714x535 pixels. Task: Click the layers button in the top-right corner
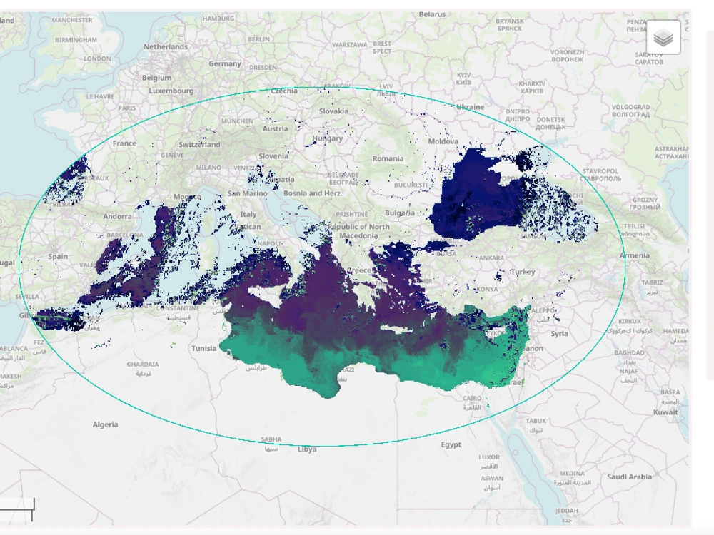[663, 37]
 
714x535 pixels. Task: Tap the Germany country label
[225, 64]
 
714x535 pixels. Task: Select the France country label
[124, 143]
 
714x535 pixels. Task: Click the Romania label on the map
[388, 158]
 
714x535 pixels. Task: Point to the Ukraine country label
[470, 107]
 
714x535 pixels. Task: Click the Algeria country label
[105, 424]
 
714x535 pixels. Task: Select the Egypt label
[451, 444]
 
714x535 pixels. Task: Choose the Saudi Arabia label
[629, 477]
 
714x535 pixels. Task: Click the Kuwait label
[665, 412]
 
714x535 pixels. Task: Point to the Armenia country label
[634, 255]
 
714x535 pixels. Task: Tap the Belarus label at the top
[432, 14]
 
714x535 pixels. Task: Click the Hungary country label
[327, 138]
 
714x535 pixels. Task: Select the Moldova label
[443, 142]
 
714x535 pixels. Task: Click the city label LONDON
[97, 59]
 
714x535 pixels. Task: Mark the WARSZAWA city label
[349, 44]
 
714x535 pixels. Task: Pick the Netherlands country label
[166, 47]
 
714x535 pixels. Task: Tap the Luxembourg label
[171, 91]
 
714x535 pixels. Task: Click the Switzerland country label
[199, 144]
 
